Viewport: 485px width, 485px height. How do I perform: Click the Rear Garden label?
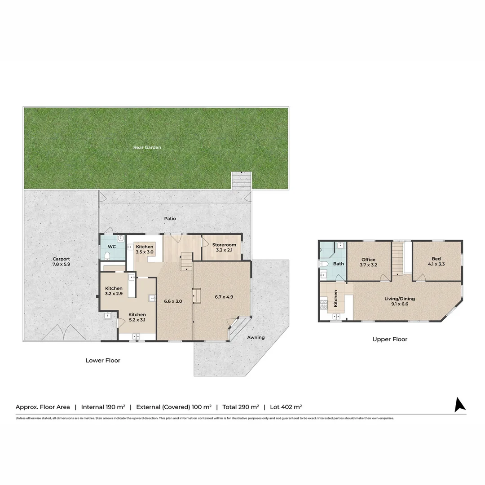pyautogui.click(x=147, y=147)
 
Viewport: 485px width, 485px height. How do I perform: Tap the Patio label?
pyautogui.click(x=170, y=219)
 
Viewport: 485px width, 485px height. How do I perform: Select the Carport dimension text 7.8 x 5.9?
pyautogui.click(x=61, y=265)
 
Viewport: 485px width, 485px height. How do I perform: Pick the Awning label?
pyautogui.click(x=256, y=337)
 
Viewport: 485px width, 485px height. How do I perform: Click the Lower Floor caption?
pyautogui.click(x=103, y=360)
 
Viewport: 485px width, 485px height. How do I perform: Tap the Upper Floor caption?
pyautogui.click(x=390, y=339)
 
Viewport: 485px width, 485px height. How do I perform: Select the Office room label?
pyautogui.click(x=368, y=260)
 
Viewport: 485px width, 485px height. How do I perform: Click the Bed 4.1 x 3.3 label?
pyautogui.click(x=436, y=262)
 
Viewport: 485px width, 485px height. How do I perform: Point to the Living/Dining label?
pyautogui.click(x=399, y=299)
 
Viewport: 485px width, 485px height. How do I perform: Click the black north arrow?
pyautogui.click(x=459, y=405)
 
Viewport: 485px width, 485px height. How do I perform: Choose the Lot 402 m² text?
pyautogui.click(x=286, y=407)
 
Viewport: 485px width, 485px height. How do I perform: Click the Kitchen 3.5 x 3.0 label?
pyautogui.click(x=145, y=250)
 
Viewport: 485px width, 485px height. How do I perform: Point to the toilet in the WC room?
pyautogui.click(x=107, y=256)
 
